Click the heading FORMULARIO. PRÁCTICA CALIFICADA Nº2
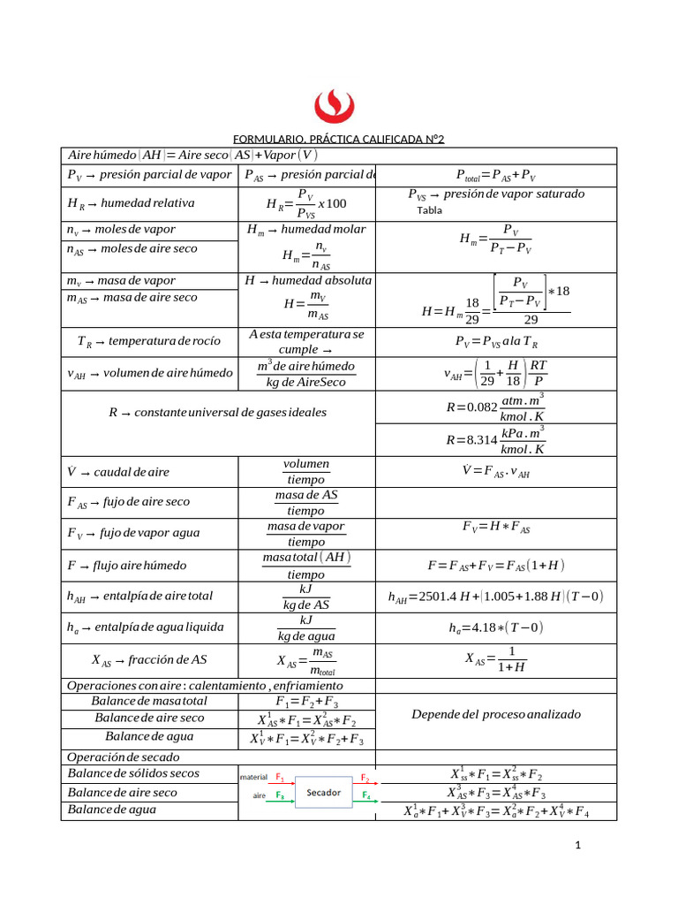click(x=338, y=140)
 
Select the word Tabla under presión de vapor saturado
click(x=430, y=210)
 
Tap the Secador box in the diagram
click(x=323, y=793)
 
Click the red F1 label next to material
click(x=280, y=778)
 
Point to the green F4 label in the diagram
click(x=365, y=795)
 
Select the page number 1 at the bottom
click(x=577, y=846)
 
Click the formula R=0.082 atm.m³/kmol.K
click(x=495, y=407)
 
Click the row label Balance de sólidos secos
click(x=133, y=773)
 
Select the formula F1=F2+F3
click(x=306, y=702)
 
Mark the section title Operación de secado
click(x=124, y=757)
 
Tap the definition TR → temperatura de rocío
click(x=148, y=341)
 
